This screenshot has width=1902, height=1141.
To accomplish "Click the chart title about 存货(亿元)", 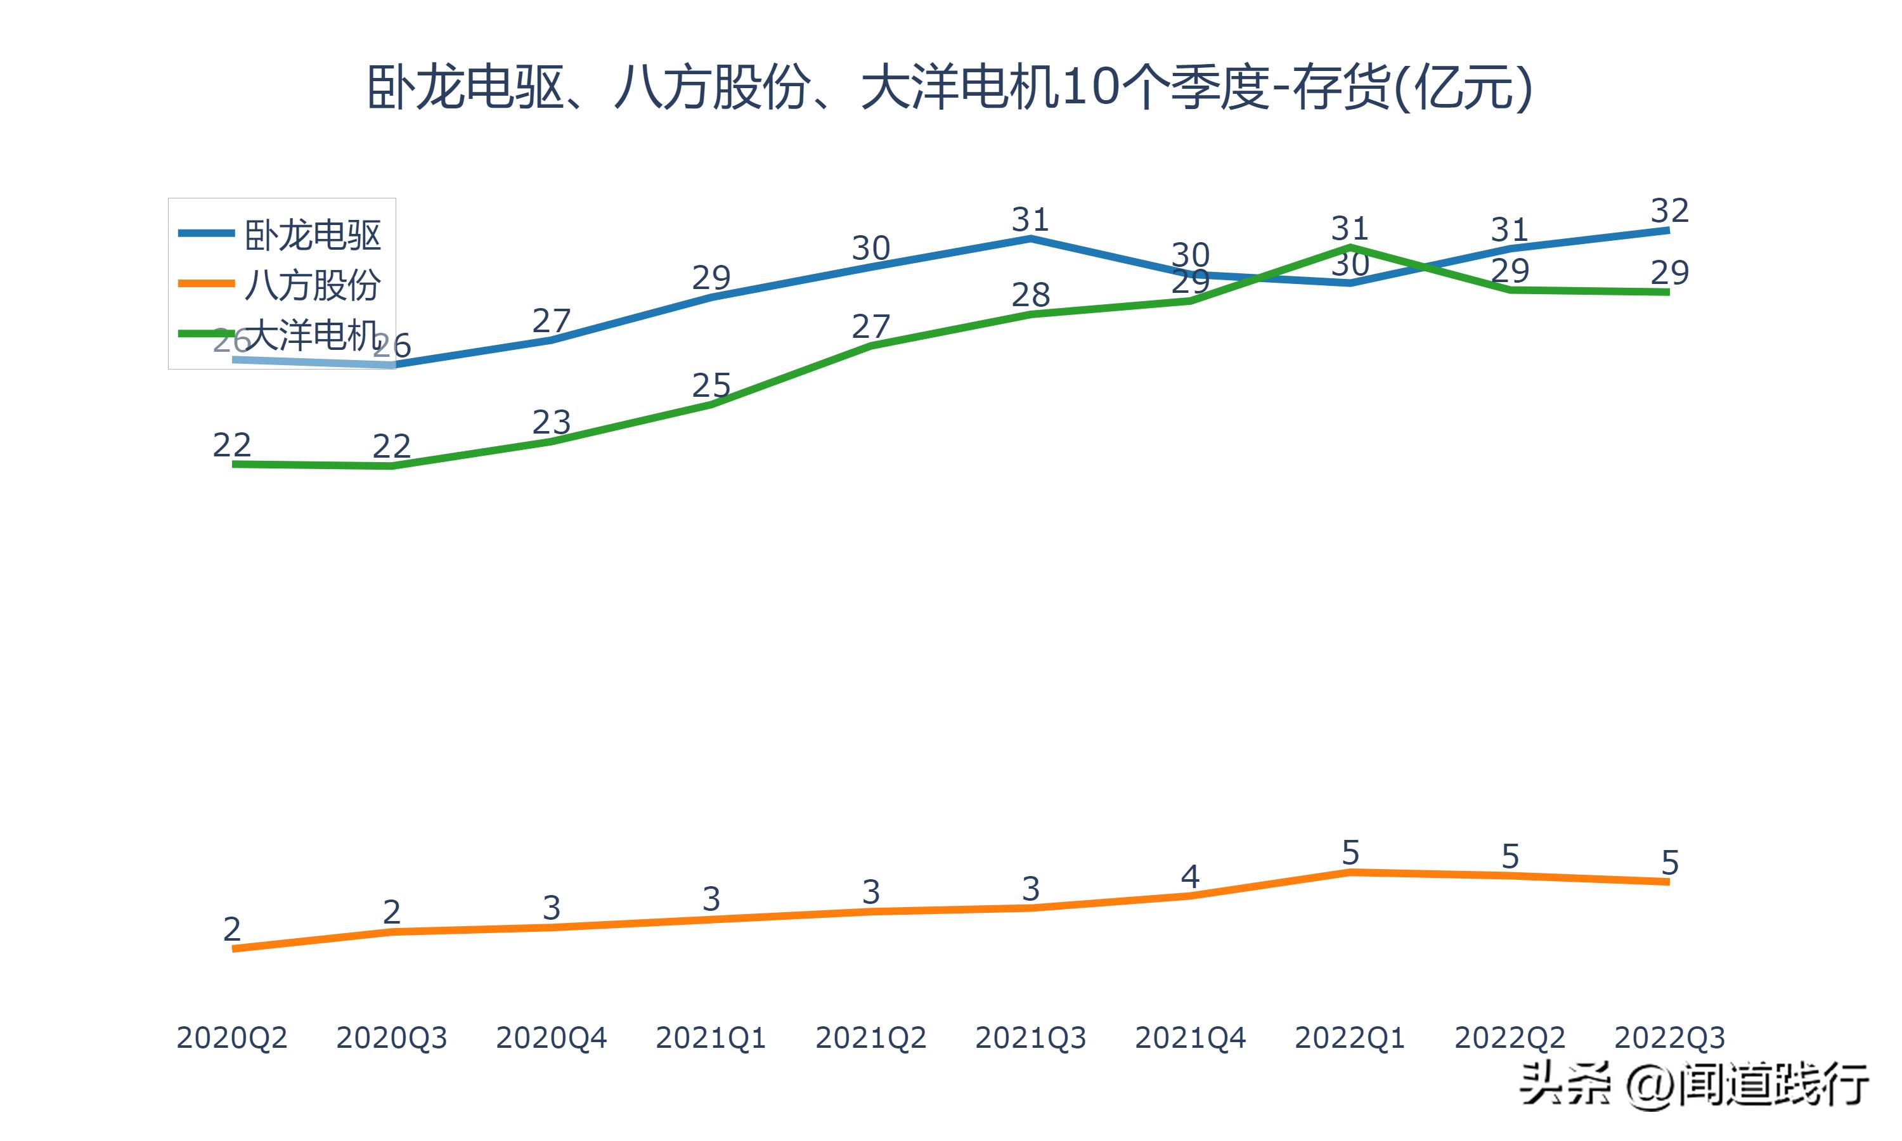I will (x=950, y=87).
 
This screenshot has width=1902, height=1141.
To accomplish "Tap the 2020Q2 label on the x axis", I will (x=231, y=1038).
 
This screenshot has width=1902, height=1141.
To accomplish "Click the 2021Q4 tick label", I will (x=1190, y=1038).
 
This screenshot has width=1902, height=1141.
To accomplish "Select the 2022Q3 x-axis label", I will (x=1669, y=1038).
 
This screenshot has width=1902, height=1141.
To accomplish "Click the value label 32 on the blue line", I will (x=1669, y=210).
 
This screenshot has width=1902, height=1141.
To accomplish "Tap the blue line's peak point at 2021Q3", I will (x=1030, y=238).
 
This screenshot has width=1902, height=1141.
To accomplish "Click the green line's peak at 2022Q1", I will (x=1350, y=247).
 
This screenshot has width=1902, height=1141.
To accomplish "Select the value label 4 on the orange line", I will (x=1190, y=877).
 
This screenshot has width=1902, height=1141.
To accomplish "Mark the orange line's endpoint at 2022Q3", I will (x=1667, y=882).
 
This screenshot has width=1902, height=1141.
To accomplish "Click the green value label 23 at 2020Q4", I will (x=551, y=422).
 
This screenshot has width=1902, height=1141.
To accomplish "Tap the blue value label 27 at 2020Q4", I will (x=551, y=321).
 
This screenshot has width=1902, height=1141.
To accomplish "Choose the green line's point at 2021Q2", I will (x=870, y=345).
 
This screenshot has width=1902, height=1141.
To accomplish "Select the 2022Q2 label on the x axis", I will (x=1509, y=1038).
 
